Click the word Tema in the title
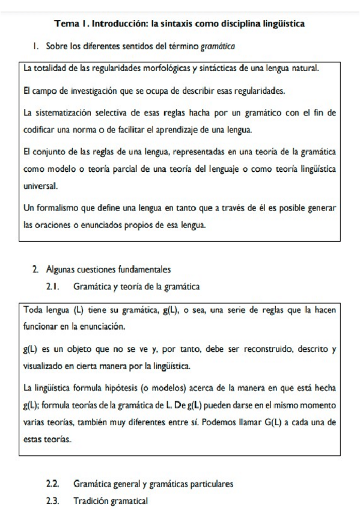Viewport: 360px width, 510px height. [x=66, y=24]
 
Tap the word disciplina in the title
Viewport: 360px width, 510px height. [x=240, y=24]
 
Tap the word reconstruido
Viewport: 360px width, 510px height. [x=276, y=349]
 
